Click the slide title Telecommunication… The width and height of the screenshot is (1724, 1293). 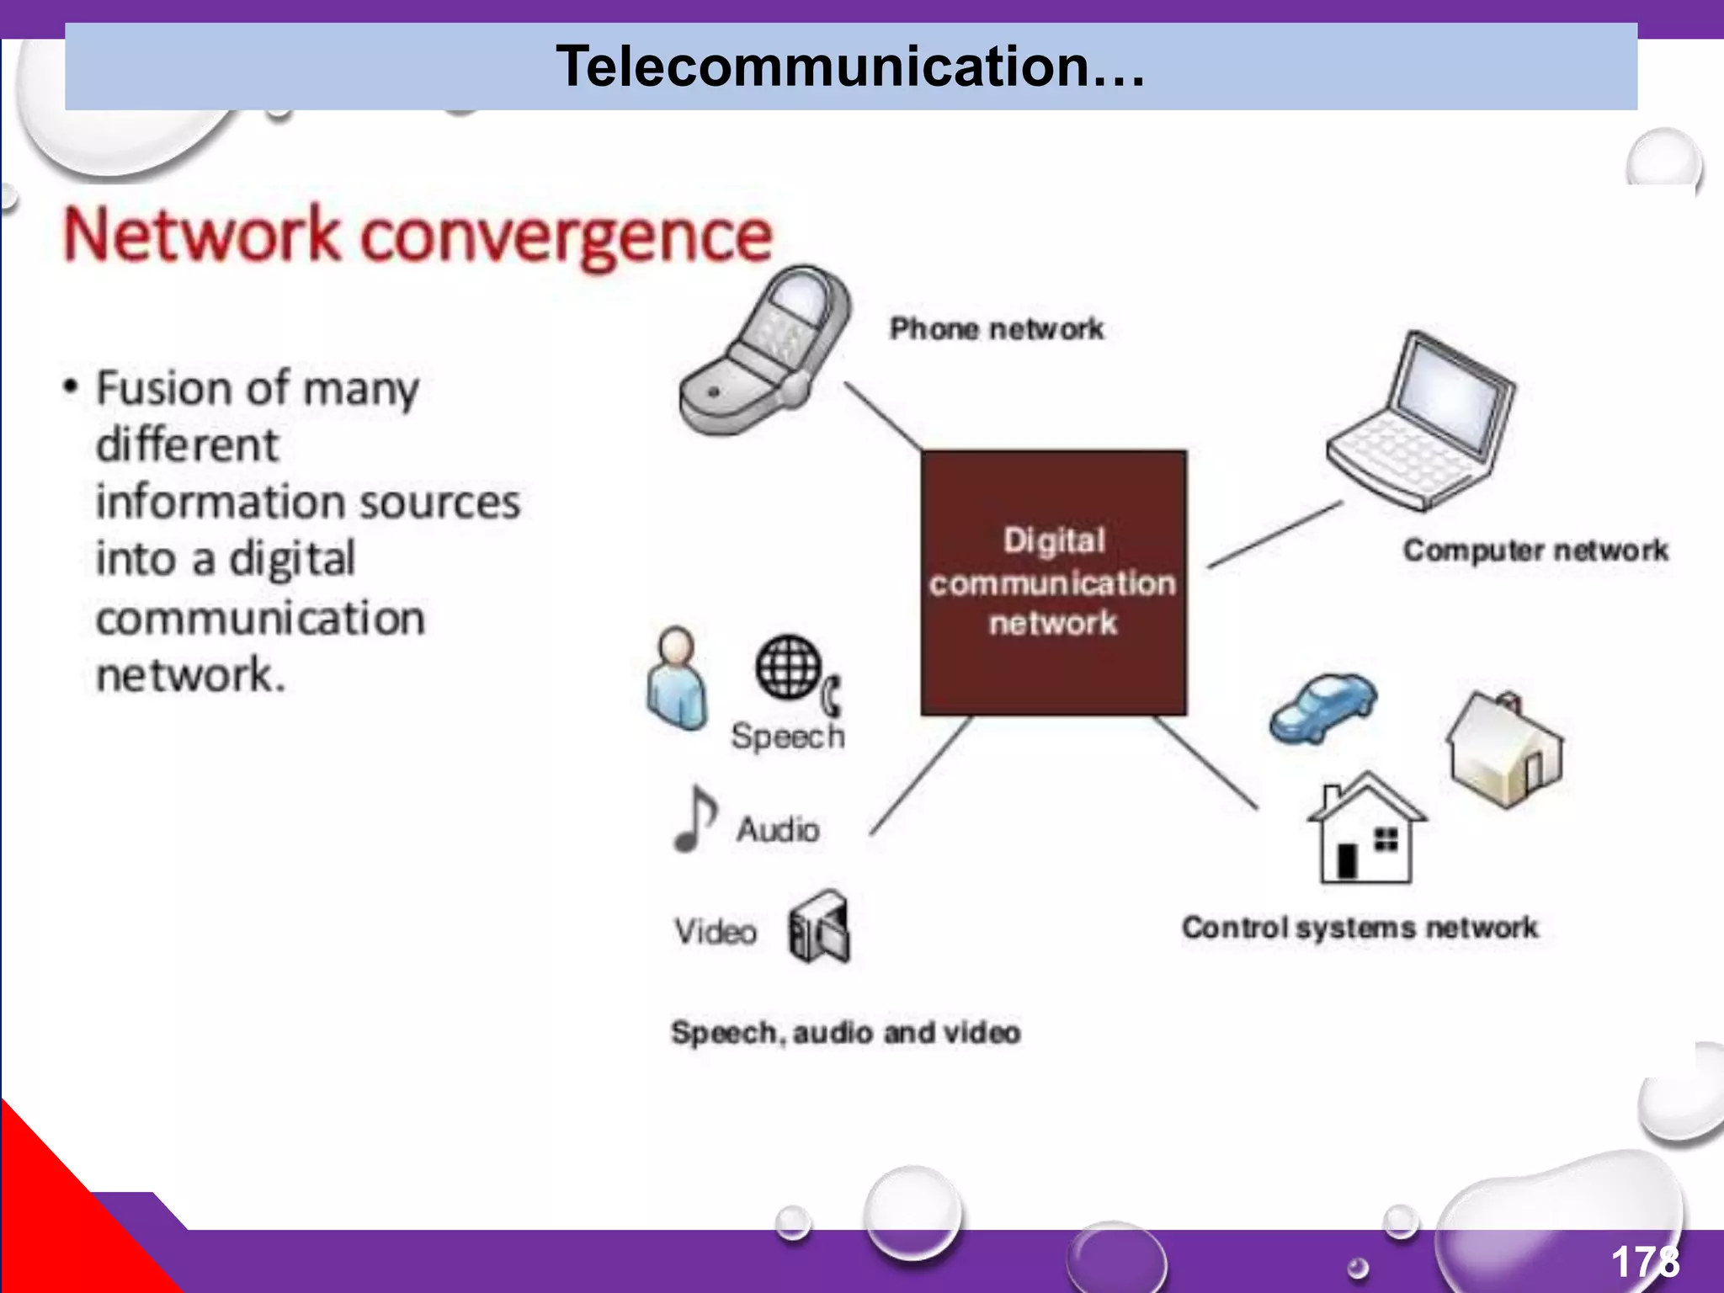click(850, 67)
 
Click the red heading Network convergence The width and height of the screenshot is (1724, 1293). click(418, 236)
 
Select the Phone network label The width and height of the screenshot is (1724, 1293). click(997, 328)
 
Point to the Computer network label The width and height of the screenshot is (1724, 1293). click(1535, 550)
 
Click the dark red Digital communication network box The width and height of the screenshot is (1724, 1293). click(1053, 583)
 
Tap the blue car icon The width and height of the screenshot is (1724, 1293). click(1322, 707)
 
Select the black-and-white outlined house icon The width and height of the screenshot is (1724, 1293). click(1365, 829)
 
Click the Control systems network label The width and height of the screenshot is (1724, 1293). click(1360, 927)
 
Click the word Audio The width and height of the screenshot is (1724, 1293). click(778, 830)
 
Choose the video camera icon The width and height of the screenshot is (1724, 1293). click(819, 927)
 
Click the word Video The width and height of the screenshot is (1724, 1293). click(716, 932)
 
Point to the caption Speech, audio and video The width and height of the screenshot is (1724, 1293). click(845, 1032)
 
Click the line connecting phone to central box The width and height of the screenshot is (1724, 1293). click(884, 417)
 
